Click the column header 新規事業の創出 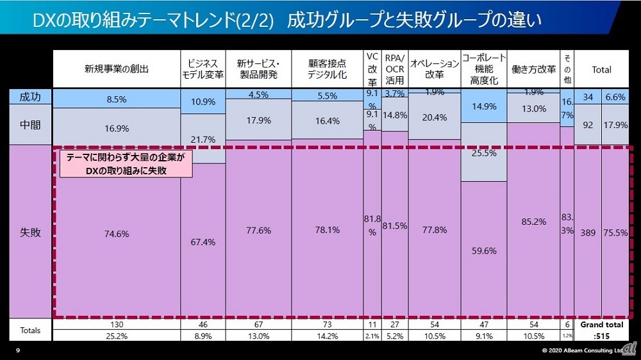tap(117, 69)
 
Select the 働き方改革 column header tap(533, 69)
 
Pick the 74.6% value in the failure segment tap(117, 234)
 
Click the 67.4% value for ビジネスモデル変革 tap(203, 242)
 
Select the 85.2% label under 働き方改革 tap(533, 222)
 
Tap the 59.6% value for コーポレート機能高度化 tap(484, 251)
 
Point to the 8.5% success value tap(117, 99)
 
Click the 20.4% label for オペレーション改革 tap(434, 117)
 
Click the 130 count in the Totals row tap(117, 325)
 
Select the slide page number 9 tap(17, 350)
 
